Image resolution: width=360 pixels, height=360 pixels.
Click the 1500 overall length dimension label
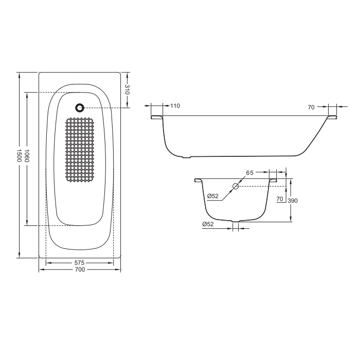click(x=19, y=156)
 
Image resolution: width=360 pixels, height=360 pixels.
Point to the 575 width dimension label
click(x=79, y=263)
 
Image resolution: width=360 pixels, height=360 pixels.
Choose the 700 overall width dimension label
click(x=79, y=269)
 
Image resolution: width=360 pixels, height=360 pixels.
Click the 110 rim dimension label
click(x=175, y=106)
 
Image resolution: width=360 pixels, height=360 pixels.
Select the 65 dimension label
click(x=249, y=173)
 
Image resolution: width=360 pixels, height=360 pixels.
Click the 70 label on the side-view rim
click(x=311, y=107)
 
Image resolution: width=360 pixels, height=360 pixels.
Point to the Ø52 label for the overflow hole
click(x=213, y=196)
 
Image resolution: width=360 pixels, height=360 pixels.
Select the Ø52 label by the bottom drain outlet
click(x=208, y=224)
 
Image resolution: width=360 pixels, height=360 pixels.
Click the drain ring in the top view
click(x=80, y=108)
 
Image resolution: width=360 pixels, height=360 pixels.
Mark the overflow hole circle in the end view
click(x=236, y=187)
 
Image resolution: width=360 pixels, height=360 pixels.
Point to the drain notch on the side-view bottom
click(x=186, y=157)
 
